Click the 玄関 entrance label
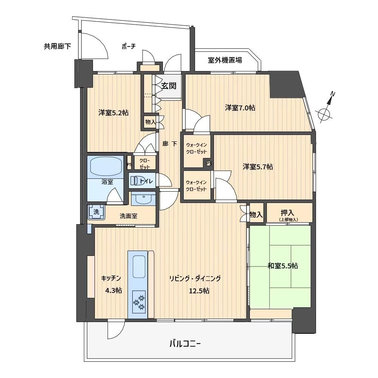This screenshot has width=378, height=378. (x=169, y=85)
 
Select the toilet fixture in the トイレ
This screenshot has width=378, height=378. (x=136, y=181)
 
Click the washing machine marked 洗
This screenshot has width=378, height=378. (x=96, y=212)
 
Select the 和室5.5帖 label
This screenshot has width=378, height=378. (x=283, y=266)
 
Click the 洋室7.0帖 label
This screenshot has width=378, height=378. (x=240, y=107)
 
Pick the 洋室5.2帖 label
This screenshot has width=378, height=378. (x=113, y=113)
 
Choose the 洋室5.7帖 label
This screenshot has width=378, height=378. (x=258, y=167)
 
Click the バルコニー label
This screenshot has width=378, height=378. (x=185, y=343)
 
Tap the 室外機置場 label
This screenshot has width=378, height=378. (x=225, y=60)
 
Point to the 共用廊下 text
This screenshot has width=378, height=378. (x=57, y=46)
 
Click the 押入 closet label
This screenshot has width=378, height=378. (x=287, y=212)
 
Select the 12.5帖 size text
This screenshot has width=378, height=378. (x=199, y=291)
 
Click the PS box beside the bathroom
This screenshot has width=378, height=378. (x=129, y=165)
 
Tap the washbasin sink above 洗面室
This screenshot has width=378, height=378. (x=144, y=199)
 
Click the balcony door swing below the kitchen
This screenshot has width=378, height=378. (x=116, y=330)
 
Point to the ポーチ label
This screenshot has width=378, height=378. (x=129, y=46)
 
